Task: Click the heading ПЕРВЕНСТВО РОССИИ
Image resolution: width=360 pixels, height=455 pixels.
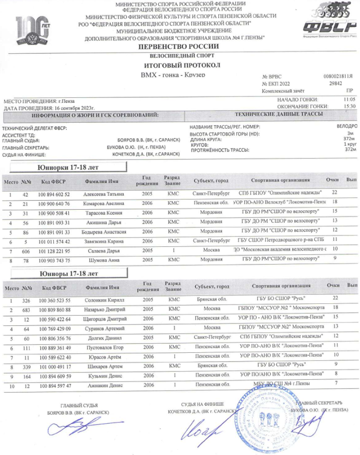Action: coord(178,47)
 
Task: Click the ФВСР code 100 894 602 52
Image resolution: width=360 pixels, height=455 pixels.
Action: coord(56,194)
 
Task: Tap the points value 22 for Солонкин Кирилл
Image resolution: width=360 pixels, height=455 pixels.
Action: coord(336,298)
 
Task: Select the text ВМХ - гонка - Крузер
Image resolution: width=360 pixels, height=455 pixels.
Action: coord(173,75)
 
